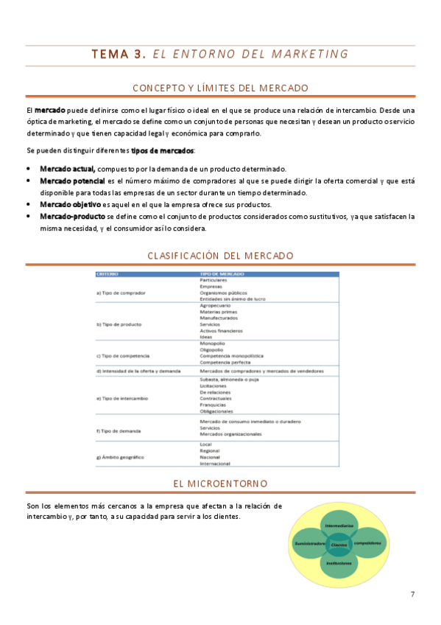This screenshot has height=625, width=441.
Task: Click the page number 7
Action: coord(413,593)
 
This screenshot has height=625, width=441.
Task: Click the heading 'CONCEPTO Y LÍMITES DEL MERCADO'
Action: coord(220,87)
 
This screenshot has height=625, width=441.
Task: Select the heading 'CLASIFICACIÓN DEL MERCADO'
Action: coord(220,255)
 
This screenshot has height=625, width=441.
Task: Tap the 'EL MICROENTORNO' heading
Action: coord(220,483)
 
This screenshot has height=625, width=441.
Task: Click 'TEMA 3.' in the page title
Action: coord(117,54)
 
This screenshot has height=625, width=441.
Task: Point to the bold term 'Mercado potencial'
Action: coord(72,180)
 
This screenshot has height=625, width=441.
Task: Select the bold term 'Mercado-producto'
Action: coord(72,217)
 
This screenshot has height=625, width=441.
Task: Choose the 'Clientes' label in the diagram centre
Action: coord(339,544)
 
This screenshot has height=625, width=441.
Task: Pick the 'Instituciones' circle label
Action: coord(339,563)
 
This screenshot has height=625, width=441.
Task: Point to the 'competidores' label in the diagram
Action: coord(367,543)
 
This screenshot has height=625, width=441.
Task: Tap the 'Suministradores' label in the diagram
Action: coord(311,543)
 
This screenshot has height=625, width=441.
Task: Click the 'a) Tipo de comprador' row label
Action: coord(120,293)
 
